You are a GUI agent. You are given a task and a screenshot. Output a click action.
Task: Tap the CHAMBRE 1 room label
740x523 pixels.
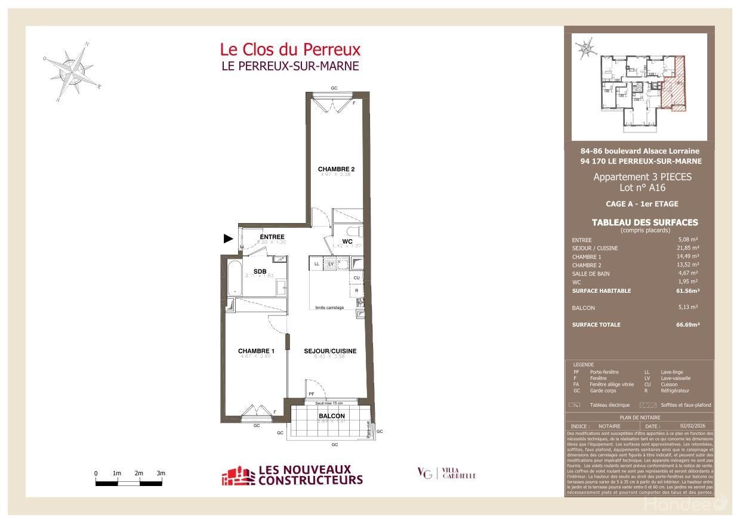click(x=256, y=351)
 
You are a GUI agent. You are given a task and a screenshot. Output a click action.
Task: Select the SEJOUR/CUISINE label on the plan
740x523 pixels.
click(x=330, y=351)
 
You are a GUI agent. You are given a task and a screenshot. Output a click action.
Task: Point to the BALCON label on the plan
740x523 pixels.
click(x=331, y=416)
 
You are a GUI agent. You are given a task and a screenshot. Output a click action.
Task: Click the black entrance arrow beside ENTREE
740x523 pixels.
click(x=228, y=239)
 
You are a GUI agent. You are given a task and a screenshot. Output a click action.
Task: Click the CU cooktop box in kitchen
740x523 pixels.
click(x=356, y=278)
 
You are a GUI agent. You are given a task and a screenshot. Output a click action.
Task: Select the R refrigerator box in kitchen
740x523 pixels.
click(x=356, y=290)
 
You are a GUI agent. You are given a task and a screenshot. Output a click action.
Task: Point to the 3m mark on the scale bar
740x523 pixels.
click(x=161, y=474)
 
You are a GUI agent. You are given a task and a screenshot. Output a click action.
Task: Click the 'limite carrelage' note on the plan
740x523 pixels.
click(x=330, y=307)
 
